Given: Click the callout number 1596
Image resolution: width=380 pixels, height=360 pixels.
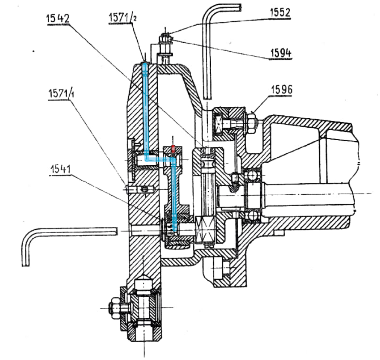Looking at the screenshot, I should point(281,90).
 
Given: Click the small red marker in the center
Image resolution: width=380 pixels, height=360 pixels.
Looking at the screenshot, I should point(172,149).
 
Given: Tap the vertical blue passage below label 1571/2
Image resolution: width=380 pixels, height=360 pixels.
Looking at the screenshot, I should point(145,107).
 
